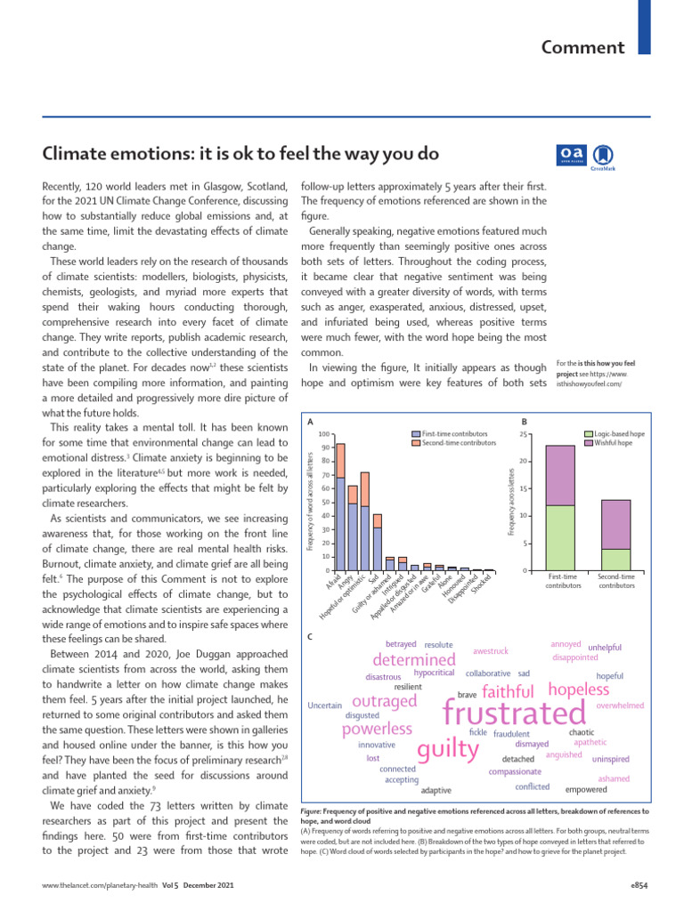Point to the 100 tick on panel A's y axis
(326, 433)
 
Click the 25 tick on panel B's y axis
(525, 433)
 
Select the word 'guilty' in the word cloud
(448, 748)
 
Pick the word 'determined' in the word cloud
(414, 659)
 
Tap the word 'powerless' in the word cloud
(377, 730)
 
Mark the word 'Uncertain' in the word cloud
(324, 705)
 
